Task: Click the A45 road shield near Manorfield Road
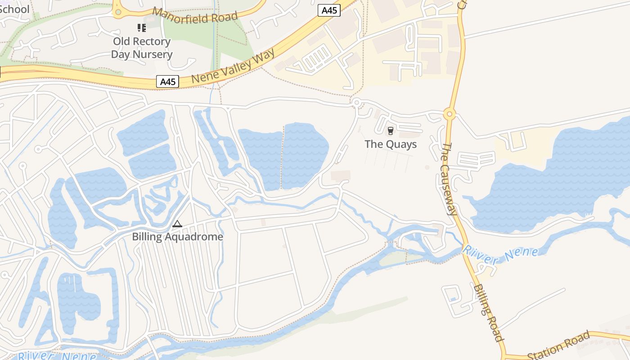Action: (329, 10)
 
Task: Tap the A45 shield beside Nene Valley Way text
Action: (168, 81)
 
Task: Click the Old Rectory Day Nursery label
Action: (142, 48)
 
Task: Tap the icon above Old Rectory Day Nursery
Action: (142, 28)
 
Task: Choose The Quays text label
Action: (391, 144)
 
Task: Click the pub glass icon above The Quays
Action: (390, 131)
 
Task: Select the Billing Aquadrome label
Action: (177, 237)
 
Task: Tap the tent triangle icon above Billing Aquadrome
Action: (177, 224)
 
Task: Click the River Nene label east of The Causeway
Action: (500, 254)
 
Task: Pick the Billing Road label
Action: (488, 312)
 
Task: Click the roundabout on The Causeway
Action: (449, 114)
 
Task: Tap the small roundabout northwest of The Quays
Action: (356, 103)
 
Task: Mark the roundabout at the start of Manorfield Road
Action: (118, 12)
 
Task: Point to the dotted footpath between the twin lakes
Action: (283, 157)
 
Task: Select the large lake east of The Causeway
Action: (553, 180)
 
